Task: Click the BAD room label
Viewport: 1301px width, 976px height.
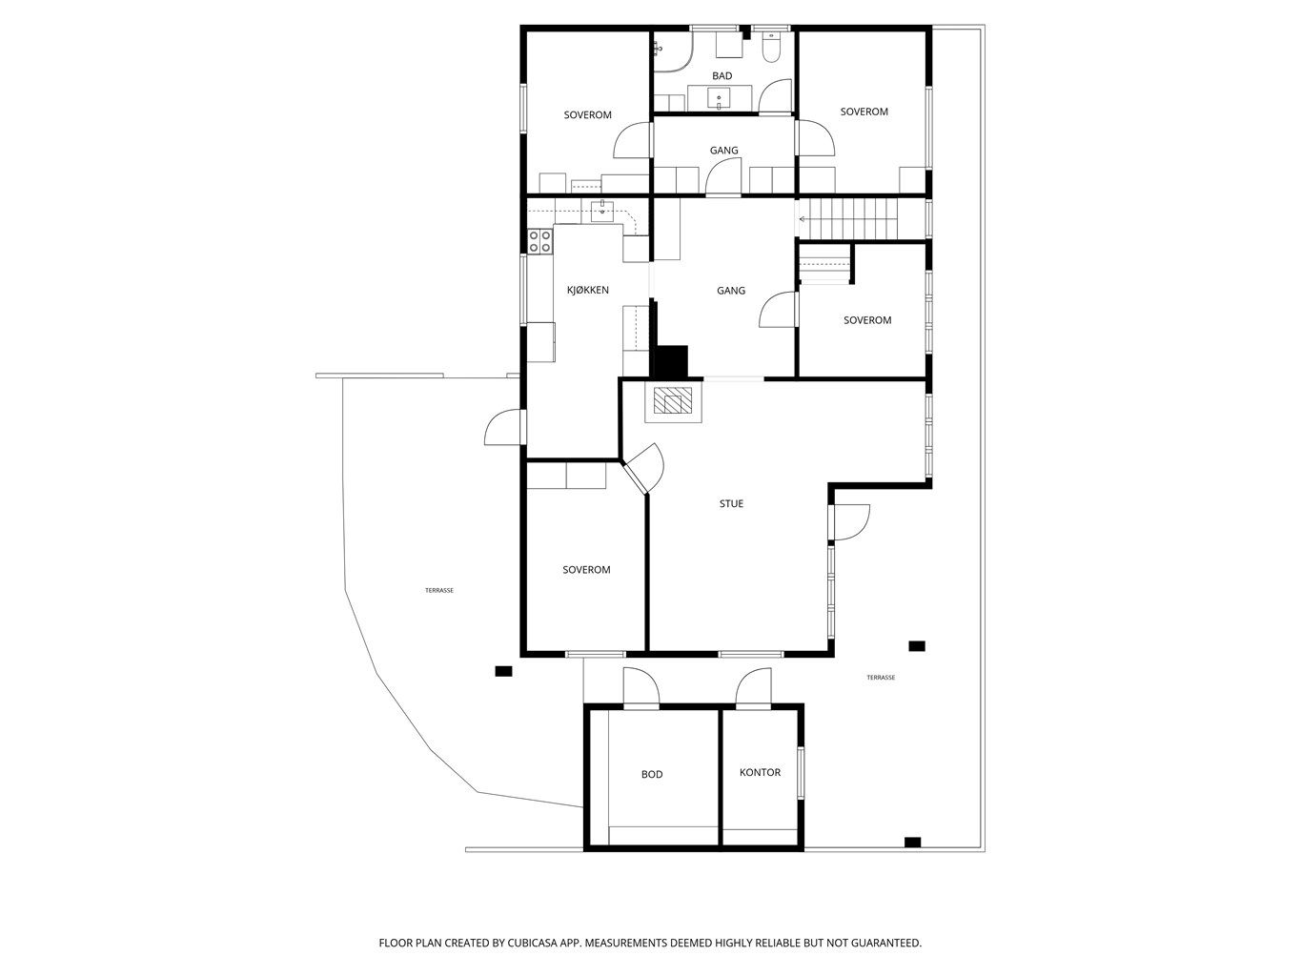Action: [x=722, y=76]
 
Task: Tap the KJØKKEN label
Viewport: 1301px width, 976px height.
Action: [x=587, y=290]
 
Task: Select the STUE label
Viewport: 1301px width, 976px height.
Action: [x=731, y=503]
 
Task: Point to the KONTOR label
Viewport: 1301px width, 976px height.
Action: [x=760, y=772]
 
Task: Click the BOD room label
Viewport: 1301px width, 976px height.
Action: [x=651, y=774]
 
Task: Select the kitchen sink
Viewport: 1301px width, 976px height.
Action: [x=602, y=211]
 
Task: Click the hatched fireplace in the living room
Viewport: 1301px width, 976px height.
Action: [x=672, y=400]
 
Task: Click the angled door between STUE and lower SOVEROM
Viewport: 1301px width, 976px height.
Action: [x=642, y=469]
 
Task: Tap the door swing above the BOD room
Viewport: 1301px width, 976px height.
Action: [x=640, y=687]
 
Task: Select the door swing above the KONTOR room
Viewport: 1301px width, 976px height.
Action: [x=754, y=687]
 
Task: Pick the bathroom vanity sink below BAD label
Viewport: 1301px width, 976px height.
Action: [x=720, y=98]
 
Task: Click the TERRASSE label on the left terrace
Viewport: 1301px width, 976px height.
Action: [x=439, y=590]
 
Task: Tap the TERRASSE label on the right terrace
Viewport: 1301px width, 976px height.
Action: [x=881, y=678]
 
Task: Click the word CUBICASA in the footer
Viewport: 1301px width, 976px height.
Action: [x=532, y=943]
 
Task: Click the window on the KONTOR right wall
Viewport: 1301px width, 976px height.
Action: [x=801, y=773]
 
